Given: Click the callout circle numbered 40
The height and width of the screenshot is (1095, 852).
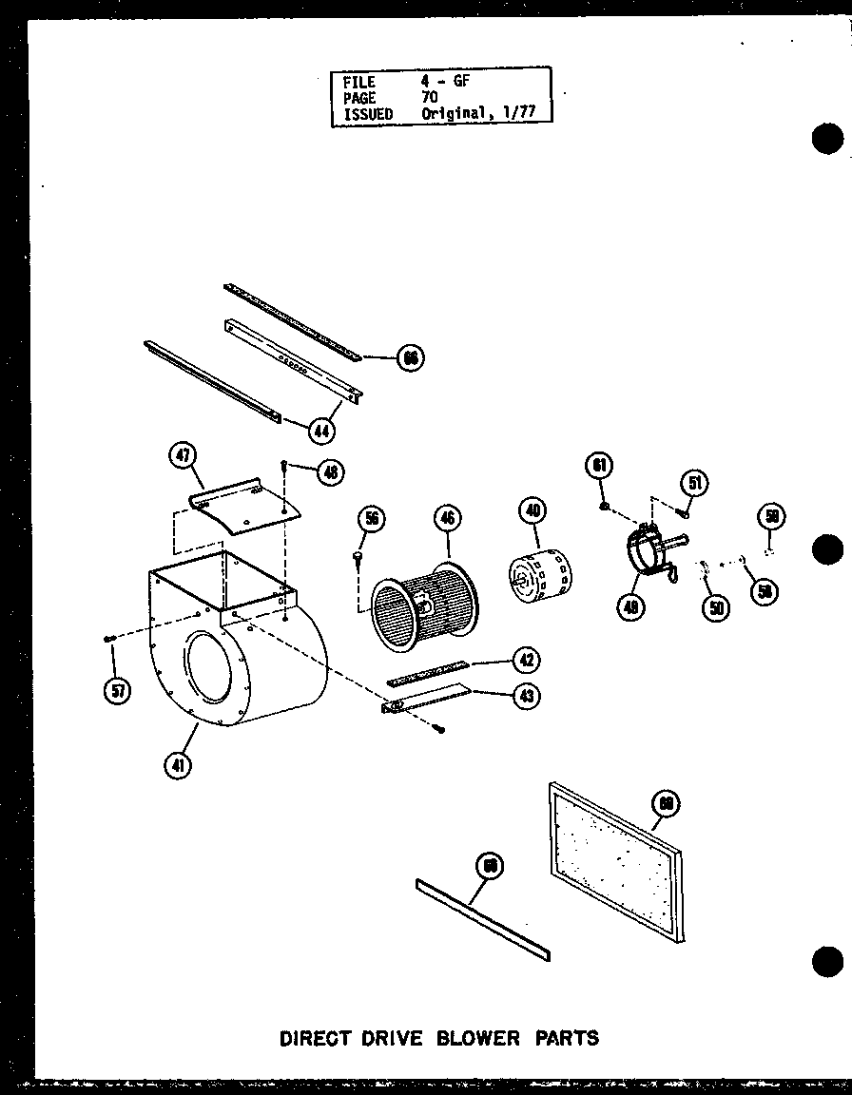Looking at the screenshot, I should point(533,510).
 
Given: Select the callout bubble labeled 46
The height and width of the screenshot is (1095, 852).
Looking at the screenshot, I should point(447,518).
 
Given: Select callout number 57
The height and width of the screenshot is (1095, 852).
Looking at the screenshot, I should point(117,691).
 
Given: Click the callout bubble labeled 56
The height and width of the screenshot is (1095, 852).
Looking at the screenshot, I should point(372,518).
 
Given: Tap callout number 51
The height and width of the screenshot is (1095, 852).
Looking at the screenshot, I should point(695,484).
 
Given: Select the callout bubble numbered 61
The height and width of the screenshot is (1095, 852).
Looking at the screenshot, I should point(600,465).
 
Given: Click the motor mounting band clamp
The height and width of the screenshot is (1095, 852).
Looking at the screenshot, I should point(647,556).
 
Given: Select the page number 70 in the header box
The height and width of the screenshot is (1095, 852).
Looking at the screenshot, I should point(430,98).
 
